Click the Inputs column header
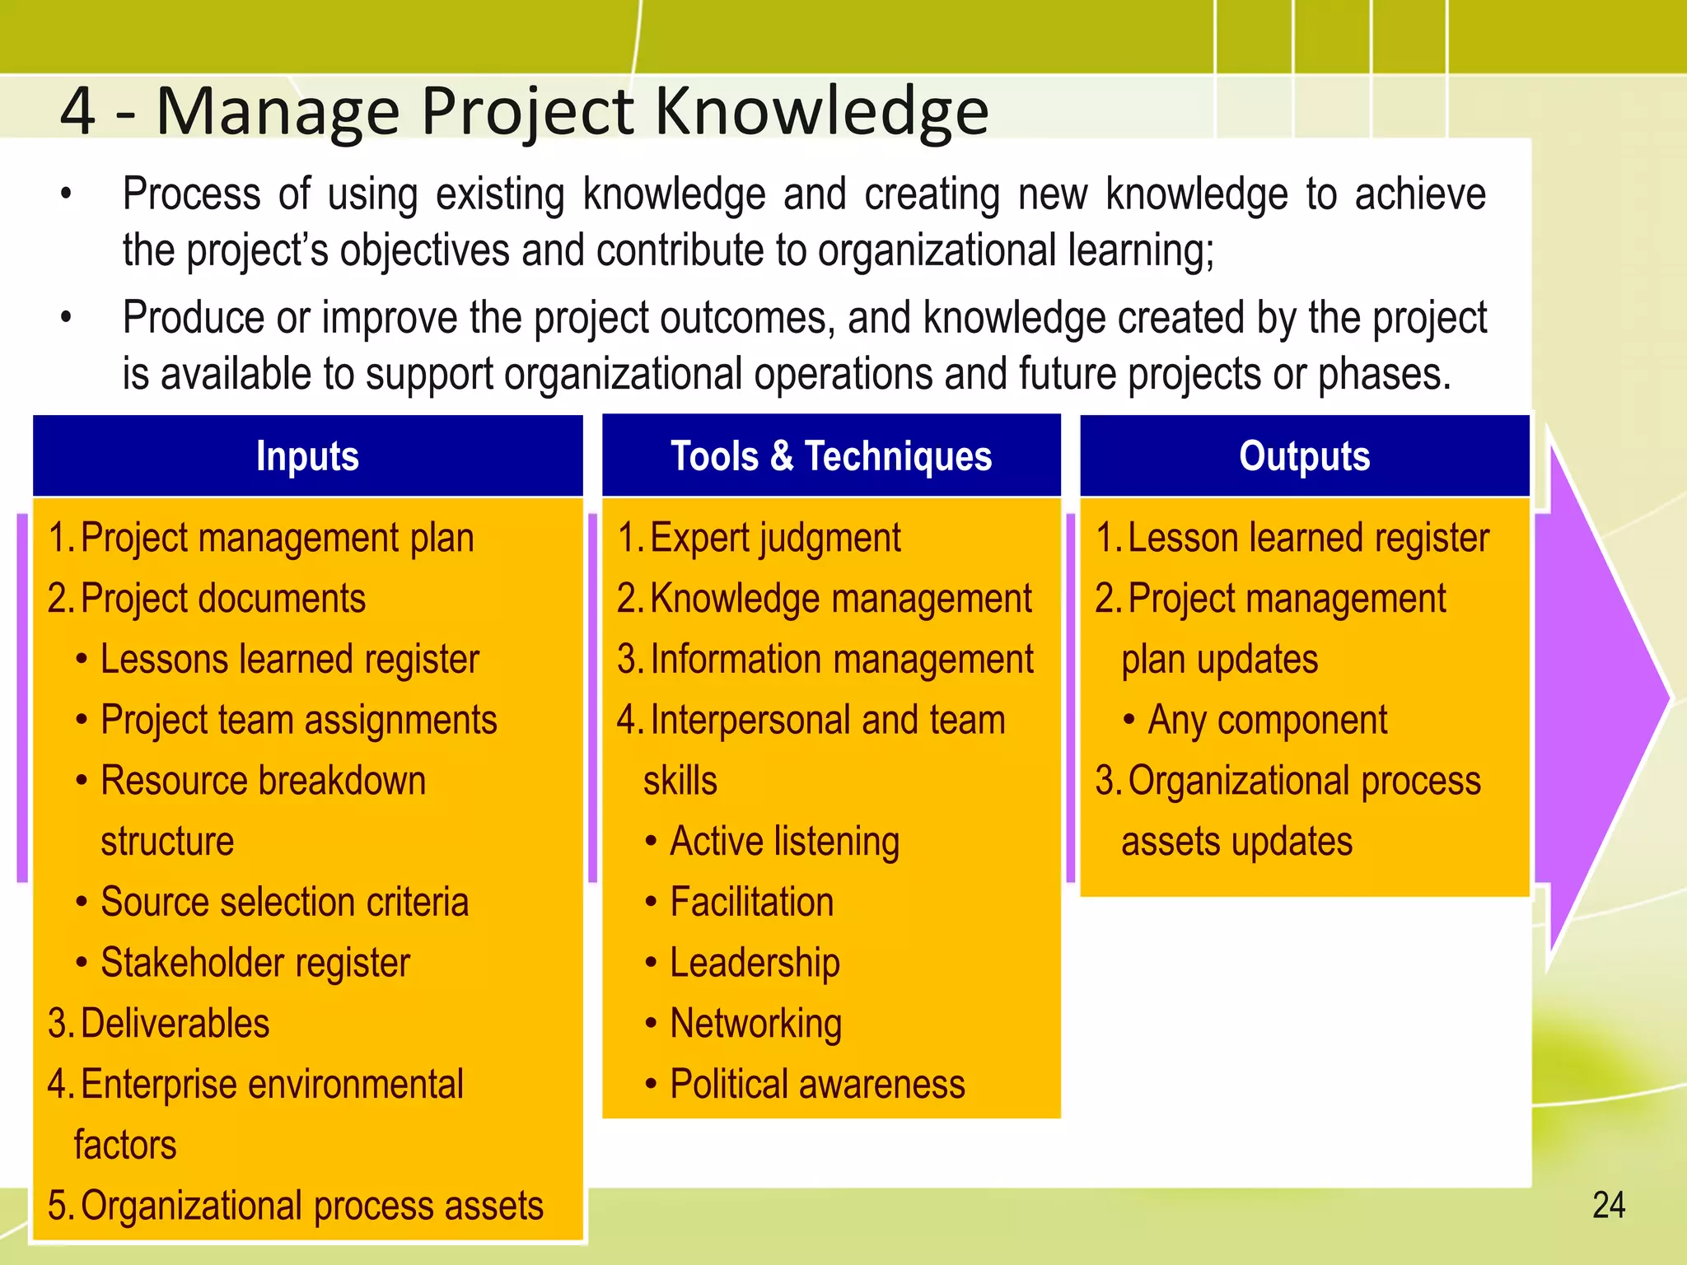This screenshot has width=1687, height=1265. (x=307, y=456)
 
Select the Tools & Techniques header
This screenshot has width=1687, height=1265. (x=831, y=456)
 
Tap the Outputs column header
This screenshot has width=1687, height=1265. (x=1304, y=456)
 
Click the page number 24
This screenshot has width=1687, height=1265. (x=1608, y=1206)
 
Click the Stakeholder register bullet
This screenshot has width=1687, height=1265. (x=255, y=963)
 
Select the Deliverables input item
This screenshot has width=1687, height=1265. (x=175, y=1024)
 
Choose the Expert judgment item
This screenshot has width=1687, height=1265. (x=774, y=539)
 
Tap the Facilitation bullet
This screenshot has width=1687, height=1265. (x=751, y=902)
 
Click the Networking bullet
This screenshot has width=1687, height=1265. (x=755, y=1024)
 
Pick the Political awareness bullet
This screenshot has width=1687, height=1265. (x=816, y=1085)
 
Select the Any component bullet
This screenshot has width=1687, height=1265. (x=1267, y=721)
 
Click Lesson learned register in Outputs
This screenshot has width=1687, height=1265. (x=1307, y=539)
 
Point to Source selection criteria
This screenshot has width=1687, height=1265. (x=284, y=902)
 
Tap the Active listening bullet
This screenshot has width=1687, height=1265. (x=784, y=842)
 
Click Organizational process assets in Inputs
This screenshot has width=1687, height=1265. (x=311, y=1206)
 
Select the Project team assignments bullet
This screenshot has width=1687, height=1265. (x=298, y=721)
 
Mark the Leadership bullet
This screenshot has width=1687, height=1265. (x=755, y=963)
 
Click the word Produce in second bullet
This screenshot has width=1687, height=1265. (x=194, y=318)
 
